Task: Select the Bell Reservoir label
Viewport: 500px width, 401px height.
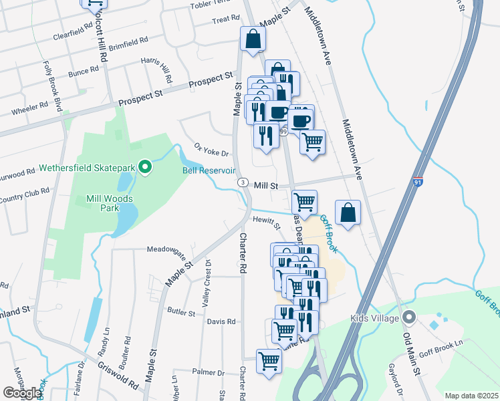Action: click(209, 170)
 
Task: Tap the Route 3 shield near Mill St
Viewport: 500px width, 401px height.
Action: click(243, 182)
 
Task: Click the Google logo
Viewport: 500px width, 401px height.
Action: click(21, 393)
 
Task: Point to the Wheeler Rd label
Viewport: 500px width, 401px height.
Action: click(33, 105)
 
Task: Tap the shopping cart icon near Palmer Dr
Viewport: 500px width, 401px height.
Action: click(269, 361)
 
